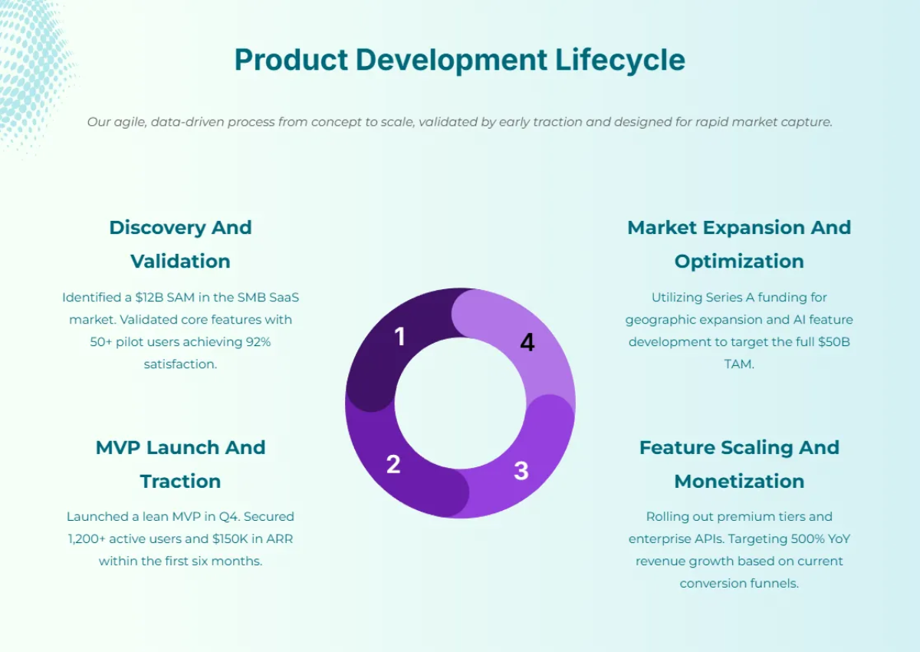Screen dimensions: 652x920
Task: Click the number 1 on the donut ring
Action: tap(399, 336)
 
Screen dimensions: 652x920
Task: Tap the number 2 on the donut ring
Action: tap(393, 464)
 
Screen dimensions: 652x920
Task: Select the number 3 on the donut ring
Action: tap(521, 471)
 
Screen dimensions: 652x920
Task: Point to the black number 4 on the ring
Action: tap(527, 343)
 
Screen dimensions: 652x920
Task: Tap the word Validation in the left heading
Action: tap(180, 261)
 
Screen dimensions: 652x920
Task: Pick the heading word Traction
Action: tap(180, 481)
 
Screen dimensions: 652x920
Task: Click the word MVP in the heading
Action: tap(119, 447)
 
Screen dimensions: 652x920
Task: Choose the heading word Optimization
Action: tap(739, 261)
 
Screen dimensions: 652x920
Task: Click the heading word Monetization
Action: tap(739, 481)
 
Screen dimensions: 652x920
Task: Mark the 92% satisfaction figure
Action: tap(256, 341)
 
